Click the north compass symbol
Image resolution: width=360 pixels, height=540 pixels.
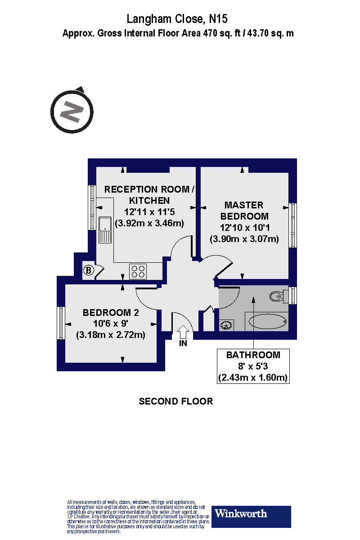tap(71, 111)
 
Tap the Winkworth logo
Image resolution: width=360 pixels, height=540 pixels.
tap(251, 517)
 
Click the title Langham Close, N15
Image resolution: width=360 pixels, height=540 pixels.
tap(177, 19)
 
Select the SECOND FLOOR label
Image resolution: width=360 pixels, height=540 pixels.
tap(175, 401)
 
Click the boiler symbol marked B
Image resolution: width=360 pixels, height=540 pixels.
tap(89, 270)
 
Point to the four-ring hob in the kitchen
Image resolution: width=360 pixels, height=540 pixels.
tap(138, 271)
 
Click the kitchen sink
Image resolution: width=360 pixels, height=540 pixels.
tap(105, 229)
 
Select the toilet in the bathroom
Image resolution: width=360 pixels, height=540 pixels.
tap(279, 296)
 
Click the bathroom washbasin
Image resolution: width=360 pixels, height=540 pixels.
tap(227, 325)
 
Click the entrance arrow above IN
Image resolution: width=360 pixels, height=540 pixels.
tap(183, 333)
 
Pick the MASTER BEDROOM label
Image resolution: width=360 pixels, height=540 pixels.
tap(244, 210)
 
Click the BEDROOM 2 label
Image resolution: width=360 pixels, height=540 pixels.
tap(111, 313)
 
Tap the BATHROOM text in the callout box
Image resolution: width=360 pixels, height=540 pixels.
tap(253, 355)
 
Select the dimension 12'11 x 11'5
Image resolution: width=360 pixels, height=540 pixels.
tap(149, 211)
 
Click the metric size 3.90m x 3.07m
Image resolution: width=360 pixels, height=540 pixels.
tap(244, 238)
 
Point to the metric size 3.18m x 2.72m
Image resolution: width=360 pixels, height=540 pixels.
tap(111, 335)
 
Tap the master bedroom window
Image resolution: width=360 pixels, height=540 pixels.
tap(293, 225)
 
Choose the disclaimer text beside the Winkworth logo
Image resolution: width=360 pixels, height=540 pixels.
tap(137, 517)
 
